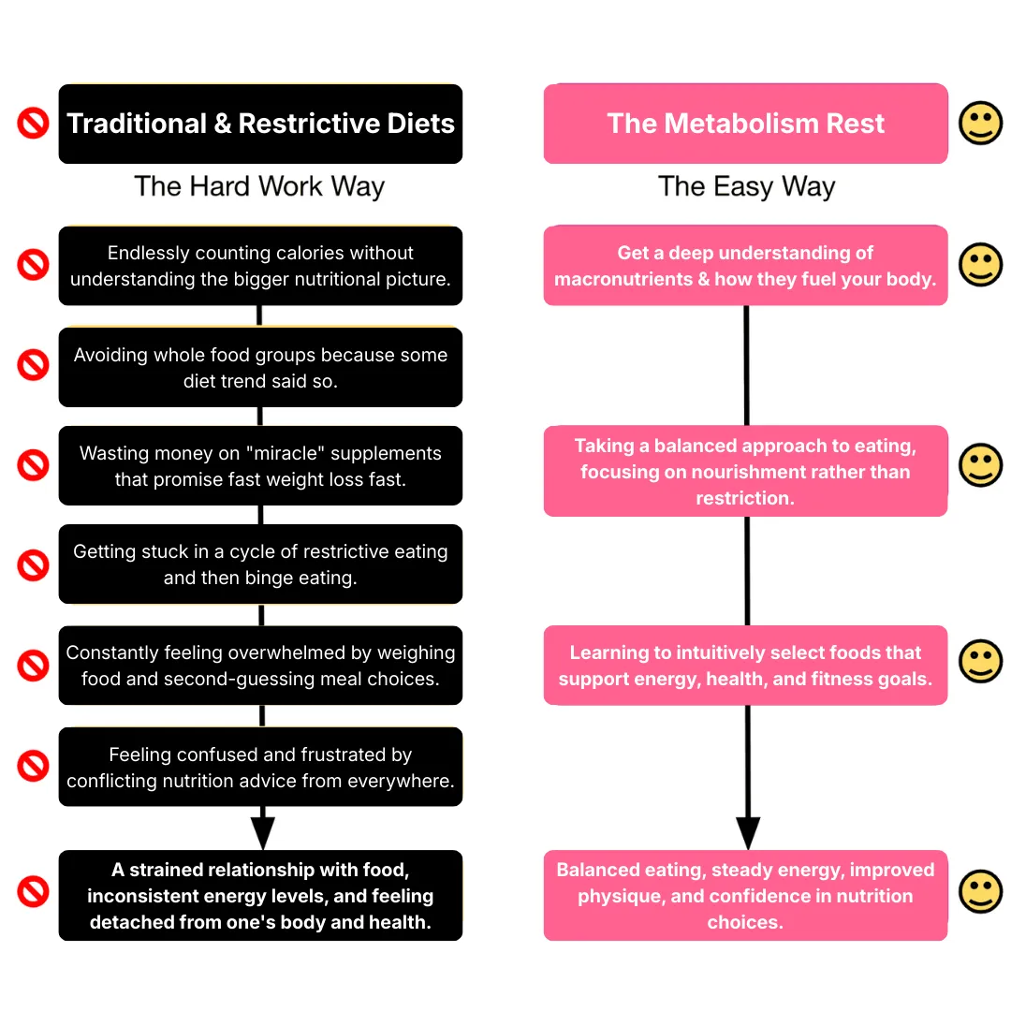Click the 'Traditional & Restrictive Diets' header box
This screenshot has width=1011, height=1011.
(260, 124)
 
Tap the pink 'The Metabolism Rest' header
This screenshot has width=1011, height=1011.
(745, 124)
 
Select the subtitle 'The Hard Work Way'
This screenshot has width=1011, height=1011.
(259, 186)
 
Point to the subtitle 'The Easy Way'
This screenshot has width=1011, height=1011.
(746, 186)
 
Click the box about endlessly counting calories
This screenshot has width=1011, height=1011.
(260, 266)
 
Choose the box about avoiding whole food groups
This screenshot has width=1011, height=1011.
(260, 368)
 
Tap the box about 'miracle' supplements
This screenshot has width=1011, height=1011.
(260, 466)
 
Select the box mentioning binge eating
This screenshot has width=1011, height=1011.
(260, 564)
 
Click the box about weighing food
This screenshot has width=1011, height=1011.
(260, 666)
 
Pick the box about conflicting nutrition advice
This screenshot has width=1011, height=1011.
(260, 768)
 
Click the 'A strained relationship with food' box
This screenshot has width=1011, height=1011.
(260, 896)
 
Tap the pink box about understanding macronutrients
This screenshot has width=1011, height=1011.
(745, 266)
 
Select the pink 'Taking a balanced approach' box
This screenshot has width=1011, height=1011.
(745, 472)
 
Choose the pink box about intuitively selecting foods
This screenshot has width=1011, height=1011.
(745, 666)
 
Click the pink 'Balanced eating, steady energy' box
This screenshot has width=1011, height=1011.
(745, 896)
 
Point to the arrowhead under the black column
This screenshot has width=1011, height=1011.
(263, 831)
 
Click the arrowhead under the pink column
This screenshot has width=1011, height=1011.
(748, 831)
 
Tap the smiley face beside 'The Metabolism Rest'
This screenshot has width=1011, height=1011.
(981, 124)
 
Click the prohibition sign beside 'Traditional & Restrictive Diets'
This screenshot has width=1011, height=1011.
(33, 124)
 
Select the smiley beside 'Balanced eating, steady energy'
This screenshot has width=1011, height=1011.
(981, 892)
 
